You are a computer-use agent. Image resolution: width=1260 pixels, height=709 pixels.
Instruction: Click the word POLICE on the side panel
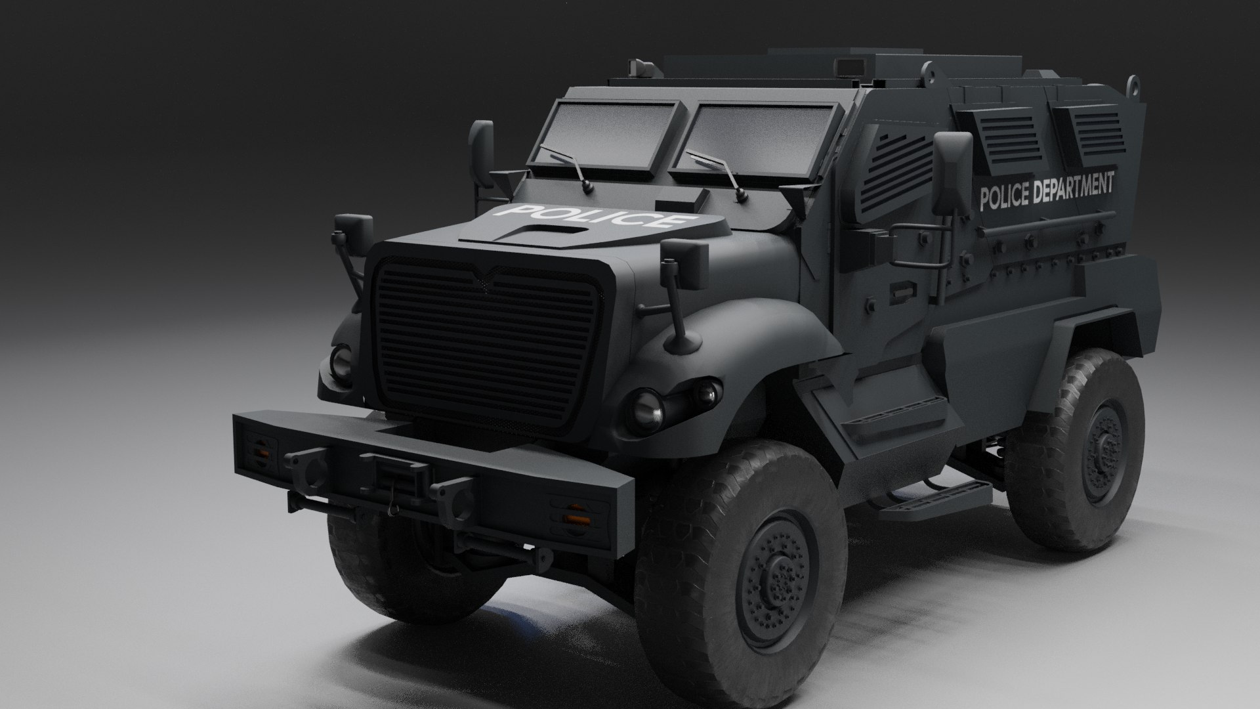tap(1004, 196)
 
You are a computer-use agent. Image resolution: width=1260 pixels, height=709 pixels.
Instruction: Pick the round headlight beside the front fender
tap(647, 408)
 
